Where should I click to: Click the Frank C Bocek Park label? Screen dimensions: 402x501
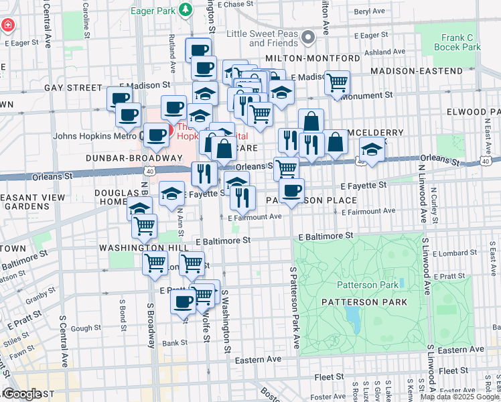point(461,42)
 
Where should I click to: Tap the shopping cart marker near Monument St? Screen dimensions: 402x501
point(338,82)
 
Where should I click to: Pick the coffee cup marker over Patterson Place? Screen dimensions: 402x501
point(291,190)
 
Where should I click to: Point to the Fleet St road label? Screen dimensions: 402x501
point(453,371)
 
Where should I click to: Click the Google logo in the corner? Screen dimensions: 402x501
point(21,394)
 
